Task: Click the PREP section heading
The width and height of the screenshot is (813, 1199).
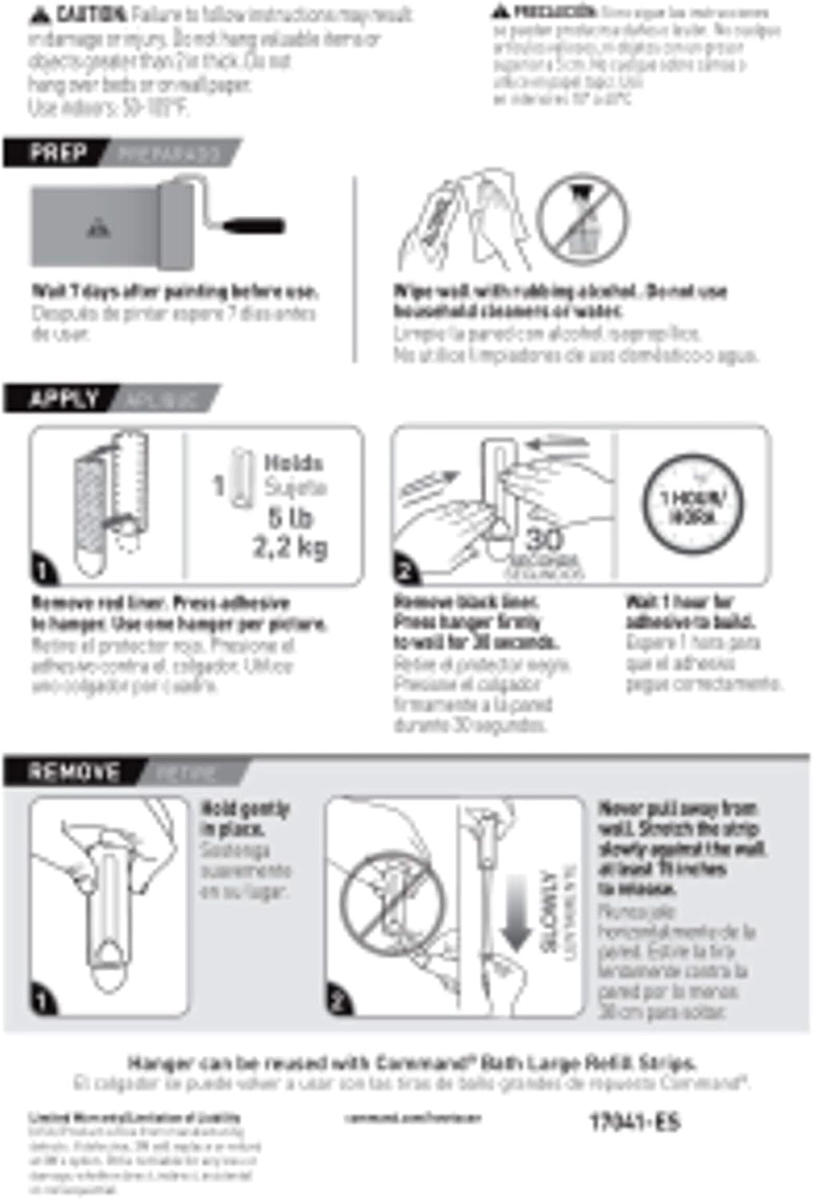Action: tap(58, 152)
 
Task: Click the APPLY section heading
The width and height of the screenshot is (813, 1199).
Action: tap(64, 398)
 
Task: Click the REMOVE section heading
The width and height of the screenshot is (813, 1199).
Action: tap(74, 771)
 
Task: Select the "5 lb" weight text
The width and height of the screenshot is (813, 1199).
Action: tap(290, 518)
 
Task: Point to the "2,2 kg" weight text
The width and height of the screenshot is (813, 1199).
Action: tap(289, 548)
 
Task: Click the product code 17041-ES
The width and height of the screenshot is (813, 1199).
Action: tap(635, 1121)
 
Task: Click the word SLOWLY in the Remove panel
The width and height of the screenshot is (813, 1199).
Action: tap(549, 911)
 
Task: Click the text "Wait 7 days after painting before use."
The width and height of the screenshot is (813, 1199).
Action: tap(174, 291)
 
